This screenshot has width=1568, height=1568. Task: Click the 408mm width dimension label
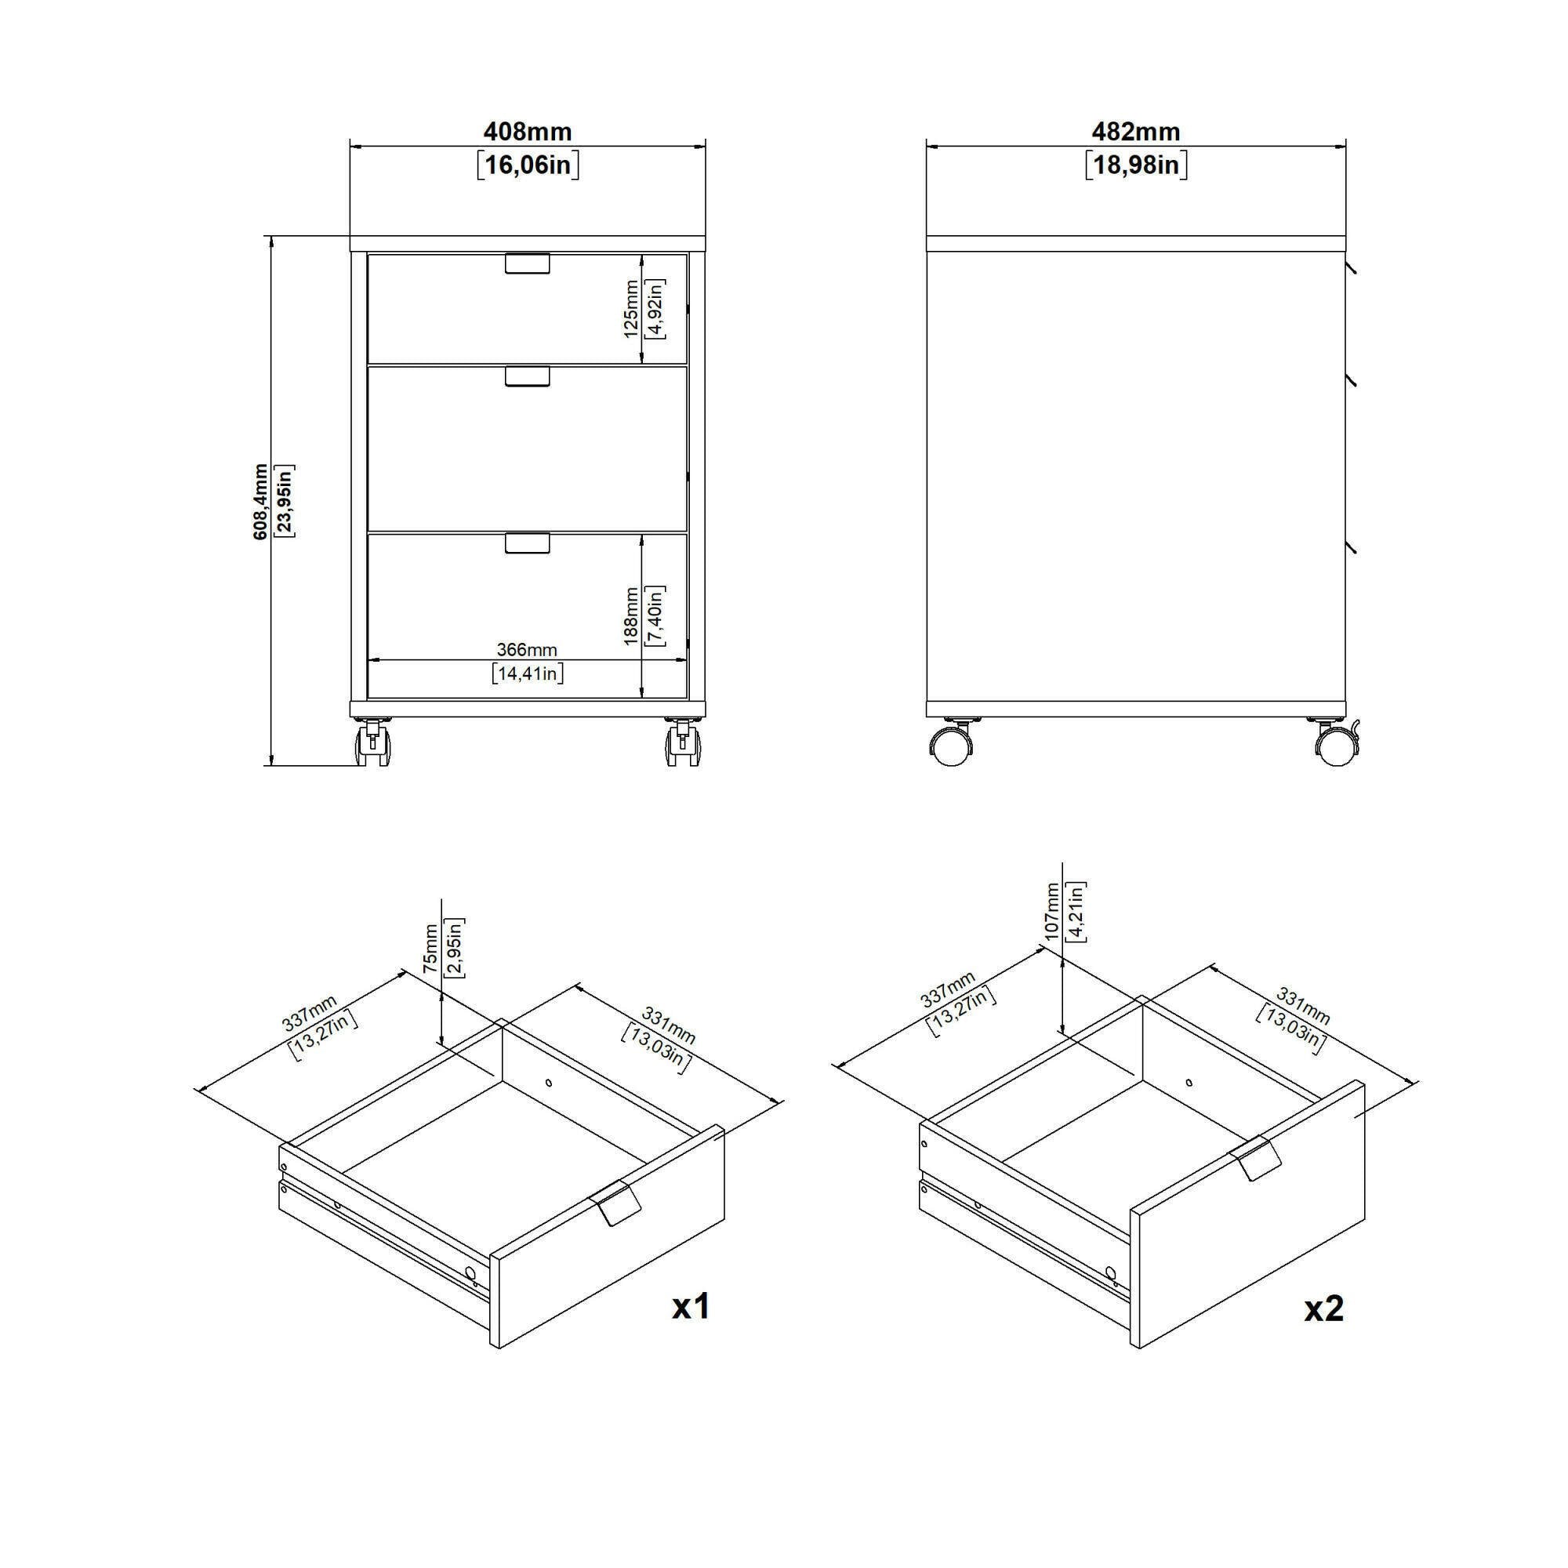tap(528, 132)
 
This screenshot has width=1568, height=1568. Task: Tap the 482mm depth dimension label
tap(1135, 132)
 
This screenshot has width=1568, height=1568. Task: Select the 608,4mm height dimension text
tap(260, 502)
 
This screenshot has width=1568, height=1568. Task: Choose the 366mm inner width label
tap(528, 649)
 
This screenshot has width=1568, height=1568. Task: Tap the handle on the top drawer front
tap(528, 263)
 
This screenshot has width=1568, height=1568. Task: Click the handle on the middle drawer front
tap(528, 376)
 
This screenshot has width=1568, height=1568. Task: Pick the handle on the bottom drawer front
tap(528, 543)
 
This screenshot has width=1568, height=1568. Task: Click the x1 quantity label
tap(691, 1306)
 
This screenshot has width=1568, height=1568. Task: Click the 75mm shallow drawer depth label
tap(431, 949)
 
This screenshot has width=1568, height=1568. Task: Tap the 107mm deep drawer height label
tap(1053, 913)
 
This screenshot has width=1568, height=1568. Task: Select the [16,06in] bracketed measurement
tap(528, 165)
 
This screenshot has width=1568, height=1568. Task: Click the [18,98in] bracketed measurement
tap(1135, 165)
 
